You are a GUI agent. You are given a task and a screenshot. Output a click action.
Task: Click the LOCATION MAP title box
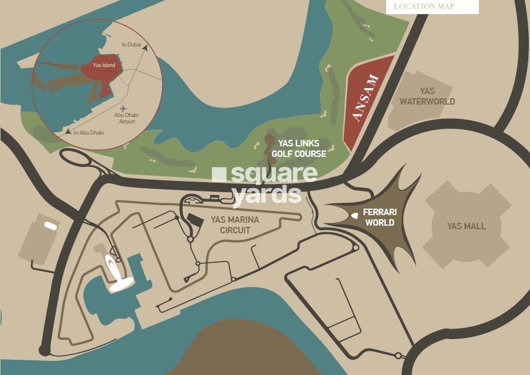click(x=432, y=6)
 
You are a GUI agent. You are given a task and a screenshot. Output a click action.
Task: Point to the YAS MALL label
click(x=466, y=226)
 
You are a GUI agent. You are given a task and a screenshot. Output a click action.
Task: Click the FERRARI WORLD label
click(x=379, y=217)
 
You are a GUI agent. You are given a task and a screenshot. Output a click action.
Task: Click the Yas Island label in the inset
click(x=104, y=65)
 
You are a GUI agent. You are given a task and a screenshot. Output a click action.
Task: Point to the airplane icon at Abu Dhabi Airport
click(x=123, y=109)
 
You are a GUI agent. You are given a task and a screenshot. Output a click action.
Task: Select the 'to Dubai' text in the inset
click(x=132, y=45)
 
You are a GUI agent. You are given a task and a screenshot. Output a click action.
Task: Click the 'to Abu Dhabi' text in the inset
click(x=89, y=132)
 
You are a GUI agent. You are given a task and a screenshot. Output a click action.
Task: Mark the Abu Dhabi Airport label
click(x=125, y=118)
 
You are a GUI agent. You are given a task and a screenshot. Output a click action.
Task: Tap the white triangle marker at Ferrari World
click(x=355, y=216)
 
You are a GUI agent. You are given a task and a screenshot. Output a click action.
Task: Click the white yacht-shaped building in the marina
click(x=117, y=273)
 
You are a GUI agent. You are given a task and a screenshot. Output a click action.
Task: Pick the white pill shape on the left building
click(x=50, y=226)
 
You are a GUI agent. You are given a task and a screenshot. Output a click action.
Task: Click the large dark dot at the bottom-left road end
click(x=45, y=350)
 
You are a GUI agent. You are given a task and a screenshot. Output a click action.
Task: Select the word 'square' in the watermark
click(x=274, y=174)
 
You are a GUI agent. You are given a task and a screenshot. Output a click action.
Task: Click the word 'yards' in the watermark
click(x=266, y=194)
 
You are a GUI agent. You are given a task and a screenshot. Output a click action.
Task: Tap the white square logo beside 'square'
click(x=218, y=175)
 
